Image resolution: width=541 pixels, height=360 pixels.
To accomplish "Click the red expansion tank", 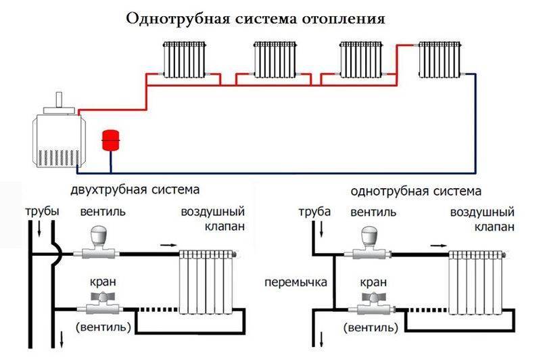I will point(109,139).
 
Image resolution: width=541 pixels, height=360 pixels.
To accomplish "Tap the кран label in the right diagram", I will point(368,280).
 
